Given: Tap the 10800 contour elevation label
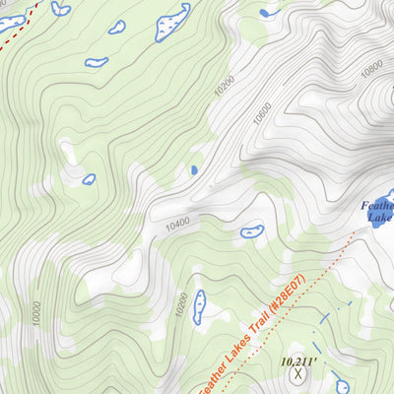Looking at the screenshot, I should point(371,70).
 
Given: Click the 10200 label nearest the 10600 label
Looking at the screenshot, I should point(225,86).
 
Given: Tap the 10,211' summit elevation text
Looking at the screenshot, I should point(298,361).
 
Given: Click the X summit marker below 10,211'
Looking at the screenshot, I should point(298,374).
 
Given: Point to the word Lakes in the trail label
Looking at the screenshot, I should point(236,354).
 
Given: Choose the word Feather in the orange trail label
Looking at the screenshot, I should point(209,379).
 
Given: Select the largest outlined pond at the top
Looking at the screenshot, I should point(172,22).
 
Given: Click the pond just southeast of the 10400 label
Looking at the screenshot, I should point(252,232).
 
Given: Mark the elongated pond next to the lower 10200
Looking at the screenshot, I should point(199,306).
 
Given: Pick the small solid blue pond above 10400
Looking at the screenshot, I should point(194,170).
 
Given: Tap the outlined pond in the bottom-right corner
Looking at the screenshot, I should point(342,386).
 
